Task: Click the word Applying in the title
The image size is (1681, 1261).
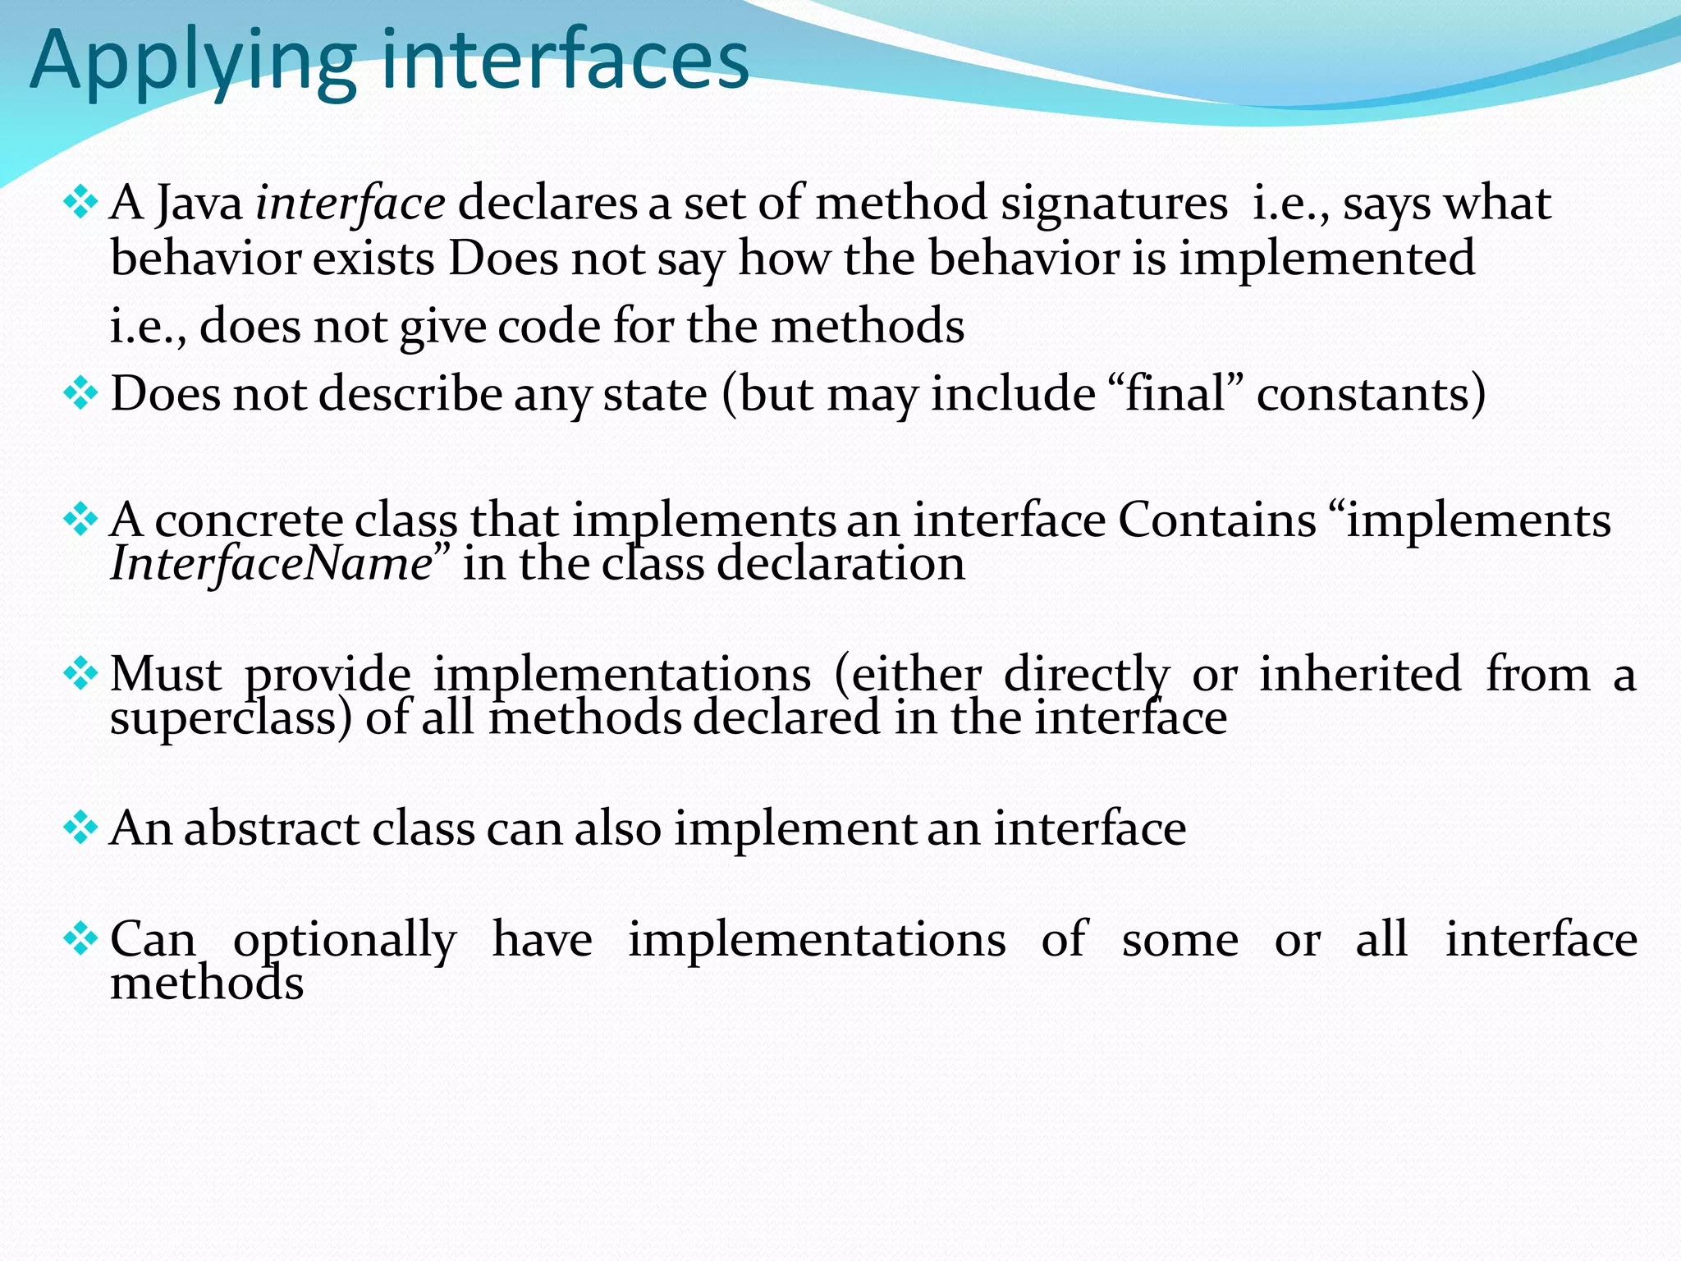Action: click(x=193, y=62)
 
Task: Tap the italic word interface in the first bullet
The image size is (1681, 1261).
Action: click(x=350, y=203)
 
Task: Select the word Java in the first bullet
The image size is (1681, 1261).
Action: click(x=199, y=203)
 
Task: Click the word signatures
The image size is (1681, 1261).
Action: click(x=1114, y=203)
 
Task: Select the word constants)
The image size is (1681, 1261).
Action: click(x=1371, y=393)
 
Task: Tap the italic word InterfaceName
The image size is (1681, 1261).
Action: click(x=272, y=564)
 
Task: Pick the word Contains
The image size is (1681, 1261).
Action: click(x=1217, y=520)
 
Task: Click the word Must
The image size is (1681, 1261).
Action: click(x=166, y=674)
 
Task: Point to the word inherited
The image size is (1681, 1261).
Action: click(x=1360, y=674)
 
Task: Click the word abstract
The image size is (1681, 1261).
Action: click(x=272, y=828)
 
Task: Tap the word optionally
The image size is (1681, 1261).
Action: click(x=345, y=939)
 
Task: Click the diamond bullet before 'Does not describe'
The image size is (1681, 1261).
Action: click(x=80, y=393)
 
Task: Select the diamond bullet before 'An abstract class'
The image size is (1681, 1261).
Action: click(x=80, y=828)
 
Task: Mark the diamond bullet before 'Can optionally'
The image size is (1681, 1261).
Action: click(x=80, y=938)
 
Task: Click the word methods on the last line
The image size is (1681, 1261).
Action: click(x=207, y=983)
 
